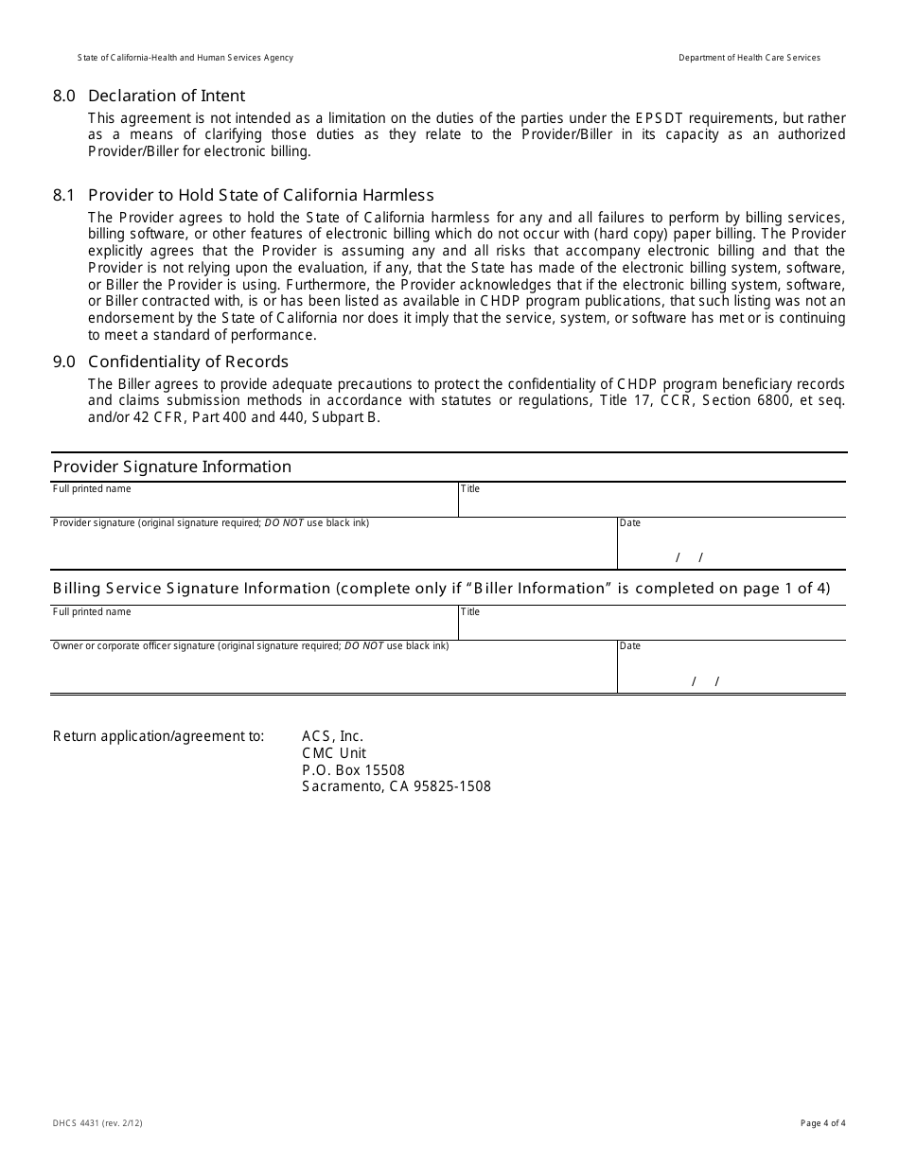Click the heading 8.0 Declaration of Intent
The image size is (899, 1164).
(x=150, y=96)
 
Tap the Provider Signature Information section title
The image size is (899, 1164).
(x=172, y=467)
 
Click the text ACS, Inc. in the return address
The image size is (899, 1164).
(x=332, y=736)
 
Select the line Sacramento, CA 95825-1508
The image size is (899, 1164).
(x=396, y=786)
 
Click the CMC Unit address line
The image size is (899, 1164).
(x=333, y=753)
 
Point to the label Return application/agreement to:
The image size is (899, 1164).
(x=158, y=736)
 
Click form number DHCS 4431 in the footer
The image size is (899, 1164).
(x=97, y=1123)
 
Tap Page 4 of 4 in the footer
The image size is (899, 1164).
(x=822, y=1123)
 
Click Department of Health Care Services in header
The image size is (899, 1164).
(x=749, y=58)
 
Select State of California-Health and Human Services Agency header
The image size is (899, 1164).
(x=185, y=58)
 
